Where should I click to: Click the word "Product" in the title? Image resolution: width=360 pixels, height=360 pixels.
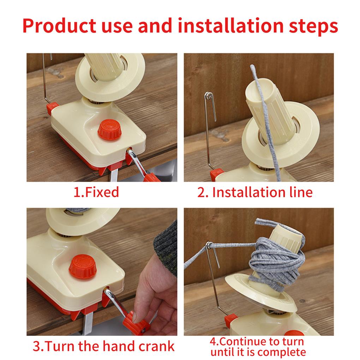pyautogui.click(x=60, y=26)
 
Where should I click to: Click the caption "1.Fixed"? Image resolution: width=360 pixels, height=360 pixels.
pyautogui.click(x=96, y=192)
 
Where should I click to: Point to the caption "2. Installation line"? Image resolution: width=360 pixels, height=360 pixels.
pyautogui.click(x=255, y=192)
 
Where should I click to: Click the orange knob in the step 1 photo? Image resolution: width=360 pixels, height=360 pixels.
pyautogui.click(x=110, y=129)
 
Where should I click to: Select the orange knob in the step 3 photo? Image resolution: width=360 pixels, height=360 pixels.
pyautogui.click(x=83, y=267)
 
